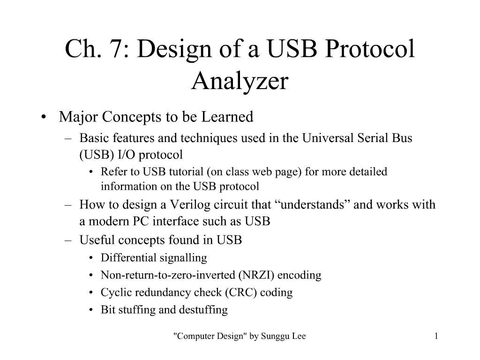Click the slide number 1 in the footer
(436, 336)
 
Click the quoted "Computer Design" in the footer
(210, 336)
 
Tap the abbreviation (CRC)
(240, 292)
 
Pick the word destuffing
(205, 310)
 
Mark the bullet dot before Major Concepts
(44, 117)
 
